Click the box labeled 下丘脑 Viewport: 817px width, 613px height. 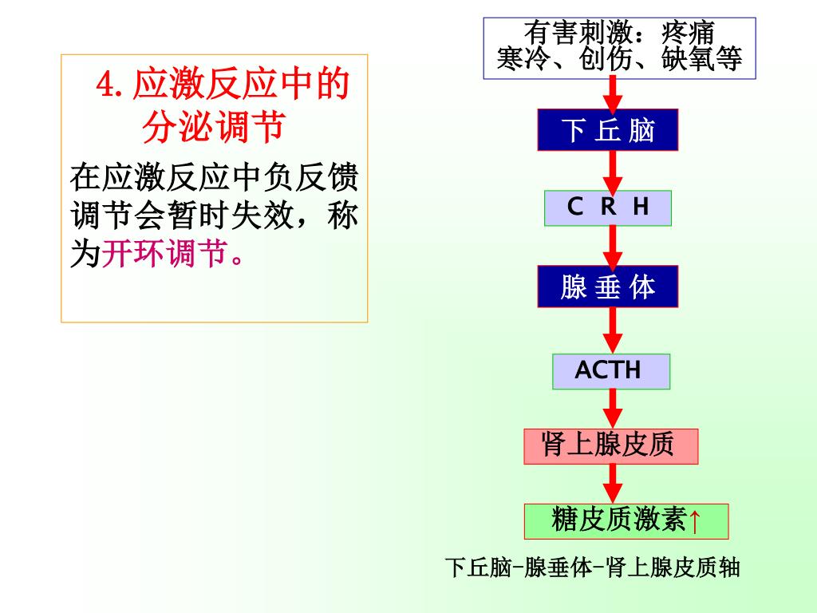pos(608,130)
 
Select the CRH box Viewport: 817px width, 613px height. pos(608,208)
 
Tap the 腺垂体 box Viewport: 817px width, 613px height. pos(608,287)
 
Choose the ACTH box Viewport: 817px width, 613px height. pos(610,370)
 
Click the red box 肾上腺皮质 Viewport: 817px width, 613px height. pos(610,445)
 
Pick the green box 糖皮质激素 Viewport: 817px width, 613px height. pos(618,520)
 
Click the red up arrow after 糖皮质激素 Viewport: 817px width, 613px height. pos(695,522)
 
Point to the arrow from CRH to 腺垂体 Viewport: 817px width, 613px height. pos(612,246)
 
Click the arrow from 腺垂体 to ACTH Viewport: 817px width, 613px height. pos(612,330)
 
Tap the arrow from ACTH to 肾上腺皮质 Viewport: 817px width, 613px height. pos(612,408)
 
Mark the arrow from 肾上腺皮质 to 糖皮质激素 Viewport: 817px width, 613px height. pos(612,484)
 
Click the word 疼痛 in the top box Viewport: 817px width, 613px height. pos(688,34)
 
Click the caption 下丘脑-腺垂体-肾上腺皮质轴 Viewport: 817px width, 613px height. pos(592,568)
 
